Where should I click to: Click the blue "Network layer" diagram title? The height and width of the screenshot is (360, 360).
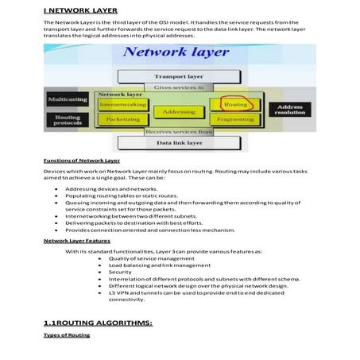click(176, 53)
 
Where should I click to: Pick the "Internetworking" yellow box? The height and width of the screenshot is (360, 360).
click(122, 104)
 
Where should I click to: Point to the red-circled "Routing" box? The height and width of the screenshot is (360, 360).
click(234, 104)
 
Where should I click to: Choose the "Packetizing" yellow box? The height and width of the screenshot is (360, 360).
click(122, 119)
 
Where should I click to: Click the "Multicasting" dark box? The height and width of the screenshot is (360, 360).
click(68, 99)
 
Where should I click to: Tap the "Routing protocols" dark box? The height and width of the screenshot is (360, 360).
click(68, 120)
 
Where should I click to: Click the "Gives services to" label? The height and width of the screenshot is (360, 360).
click(178, 87)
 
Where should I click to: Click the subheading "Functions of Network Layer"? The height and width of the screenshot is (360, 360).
click(81, 160)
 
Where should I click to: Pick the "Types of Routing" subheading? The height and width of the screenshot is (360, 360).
click(67, 335)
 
